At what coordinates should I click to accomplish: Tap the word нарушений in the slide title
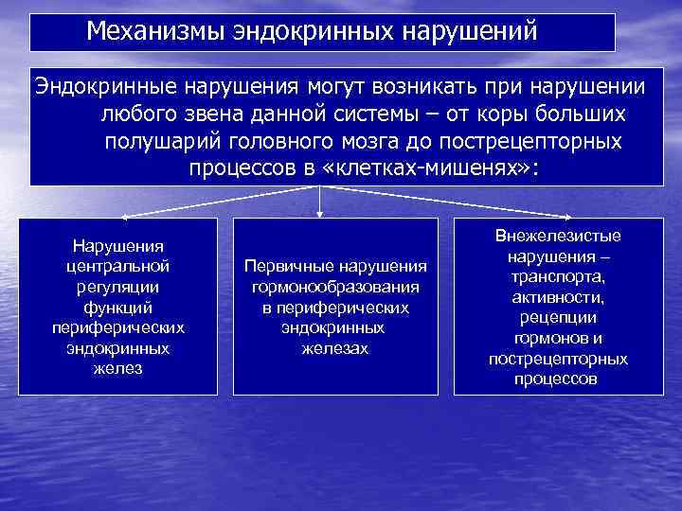[x=471, y=32]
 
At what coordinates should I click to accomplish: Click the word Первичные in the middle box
[x=281, y=267]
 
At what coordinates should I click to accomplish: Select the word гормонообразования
[x=335, y=287]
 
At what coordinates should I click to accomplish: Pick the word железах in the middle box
[x=335, y=348]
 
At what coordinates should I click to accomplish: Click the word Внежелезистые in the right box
[x=558, y=237]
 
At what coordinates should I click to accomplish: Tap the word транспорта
[x=558, y=277]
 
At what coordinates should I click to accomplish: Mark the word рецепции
[x=558, y=318]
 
